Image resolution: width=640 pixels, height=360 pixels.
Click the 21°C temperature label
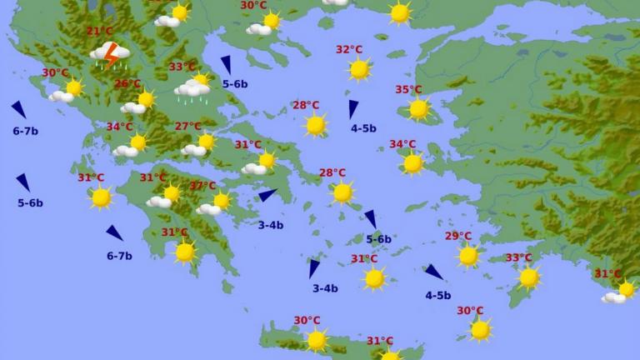[x=99, y=32]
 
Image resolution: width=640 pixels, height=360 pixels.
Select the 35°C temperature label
[x=408, y=90]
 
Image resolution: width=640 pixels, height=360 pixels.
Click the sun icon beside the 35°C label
[x=418, y=108]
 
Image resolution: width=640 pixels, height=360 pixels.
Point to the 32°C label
[x=349, y=50]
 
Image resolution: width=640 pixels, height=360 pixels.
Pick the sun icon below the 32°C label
[x=359, y=69]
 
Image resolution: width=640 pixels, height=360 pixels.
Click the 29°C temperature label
[x=457, y=237]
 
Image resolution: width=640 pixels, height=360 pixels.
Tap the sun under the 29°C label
[x=468, y=255]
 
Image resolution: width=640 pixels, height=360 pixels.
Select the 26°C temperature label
[x=127, y=84]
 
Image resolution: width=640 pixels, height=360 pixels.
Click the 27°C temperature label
[x=187, y=127]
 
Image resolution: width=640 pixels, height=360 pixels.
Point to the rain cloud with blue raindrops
[x=191, y=90]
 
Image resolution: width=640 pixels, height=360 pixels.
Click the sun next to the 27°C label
[x=205, y=142]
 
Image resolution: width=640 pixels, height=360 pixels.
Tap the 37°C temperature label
[x=202, y=186]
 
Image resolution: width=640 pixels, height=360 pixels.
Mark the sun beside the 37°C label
[x=222, y=201]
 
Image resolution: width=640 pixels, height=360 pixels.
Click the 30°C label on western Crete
[x=307, y=321]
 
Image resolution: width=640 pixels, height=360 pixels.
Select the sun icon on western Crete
[x=316, y=339]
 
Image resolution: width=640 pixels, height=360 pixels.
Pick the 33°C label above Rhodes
[x=518, y=258]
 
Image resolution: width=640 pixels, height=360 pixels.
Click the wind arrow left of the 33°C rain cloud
[x=226, y=64]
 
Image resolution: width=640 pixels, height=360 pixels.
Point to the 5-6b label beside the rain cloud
[x=235, y=84]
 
